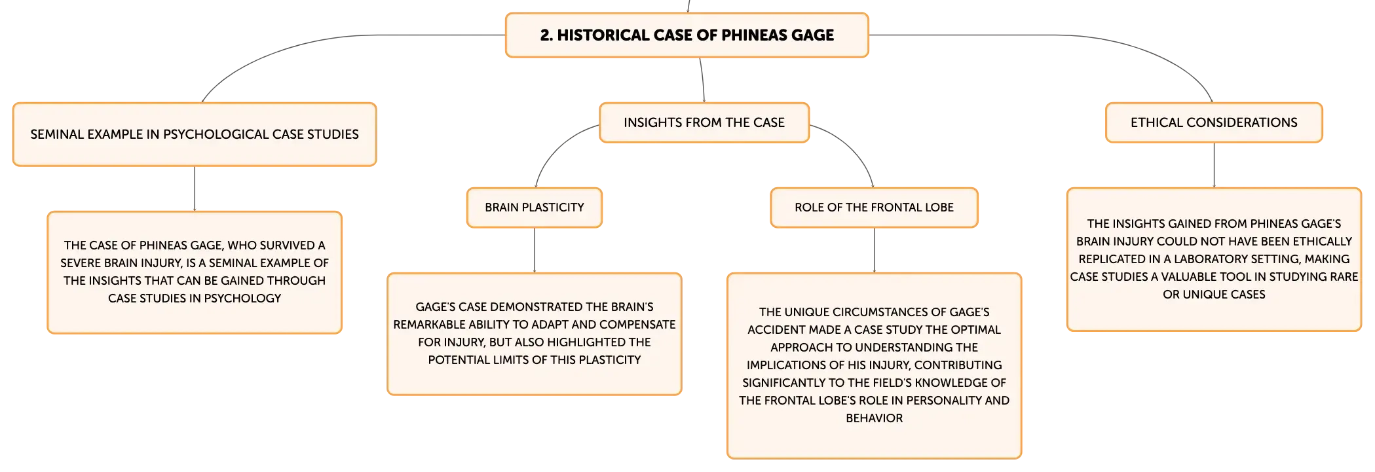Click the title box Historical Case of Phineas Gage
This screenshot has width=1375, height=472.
point(687,35)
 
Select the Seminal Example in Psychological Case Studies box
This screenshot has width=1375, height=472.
point(195,134)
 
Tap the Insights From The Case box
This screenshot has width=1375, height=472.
point(704,122)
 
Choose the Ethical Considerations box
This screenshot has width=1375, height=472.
point(1214,122)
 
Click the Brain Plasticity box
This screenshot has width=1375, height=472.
point(535,208)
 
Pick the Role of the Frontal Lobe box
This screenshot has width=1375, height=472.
point(874,208)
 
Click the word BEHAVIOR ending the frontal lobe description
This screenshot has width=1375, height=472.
point(874,418)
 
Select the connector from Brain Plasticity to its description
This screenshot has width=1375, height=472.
point(535,250)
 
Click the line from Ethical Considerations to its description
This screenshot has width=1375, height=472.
point(1214,165)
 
